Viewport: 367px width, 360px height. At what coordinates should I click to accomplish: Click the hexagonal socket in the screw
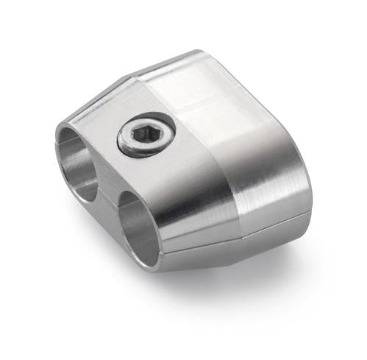pos(146,135)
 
